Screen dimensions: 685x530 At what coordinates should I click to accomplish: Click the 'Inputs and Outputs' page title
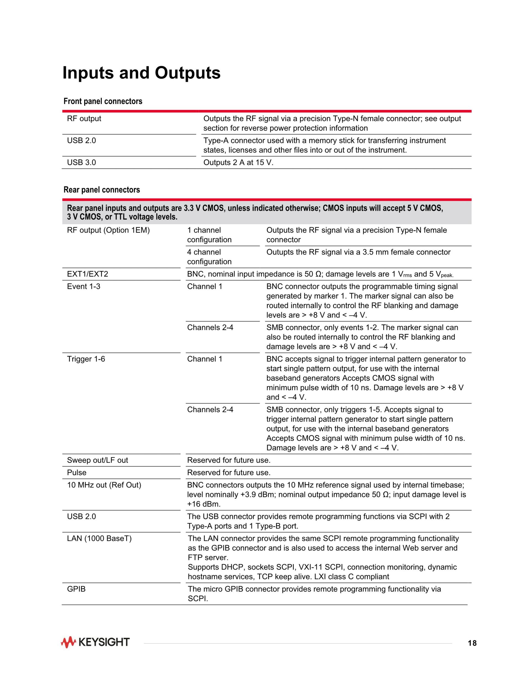141,73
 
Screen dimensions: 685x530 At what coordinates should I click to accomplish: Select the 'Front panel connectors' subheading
103,101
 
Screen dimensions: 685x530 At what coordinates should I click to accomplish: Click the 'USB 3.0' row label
81,162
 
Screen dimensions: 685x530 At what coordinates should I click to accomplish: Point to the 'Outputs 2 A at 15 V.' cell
238,162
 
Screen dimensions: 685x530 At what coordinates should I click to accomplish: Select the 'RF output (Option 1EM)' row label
108,230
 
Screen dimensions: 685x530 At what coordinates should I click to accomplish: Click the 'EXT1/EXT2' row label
87,274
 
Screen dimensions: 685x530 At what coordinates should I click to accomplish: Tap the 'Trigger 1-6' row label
86,359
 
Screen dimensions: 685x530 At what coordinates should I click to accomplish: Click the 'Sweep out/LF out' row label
97,460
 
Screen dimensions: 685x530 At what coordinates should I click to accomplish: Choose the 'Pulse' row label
77,473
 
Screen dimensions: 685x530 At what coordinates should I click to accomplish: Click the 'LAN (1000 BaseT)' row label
99,539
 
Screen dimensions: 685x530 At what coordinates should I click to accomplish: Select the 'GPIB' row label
76,589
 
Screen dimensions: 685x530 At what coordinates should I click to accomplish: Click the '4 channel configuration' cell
209,257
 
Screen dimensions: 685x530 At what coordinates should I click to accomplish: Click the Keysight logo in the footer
95,642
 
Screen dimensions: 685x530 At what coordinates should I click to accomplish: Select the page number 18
472,643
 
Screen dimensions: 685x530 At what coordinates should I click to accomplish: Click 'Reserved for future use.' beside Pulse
229,473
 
